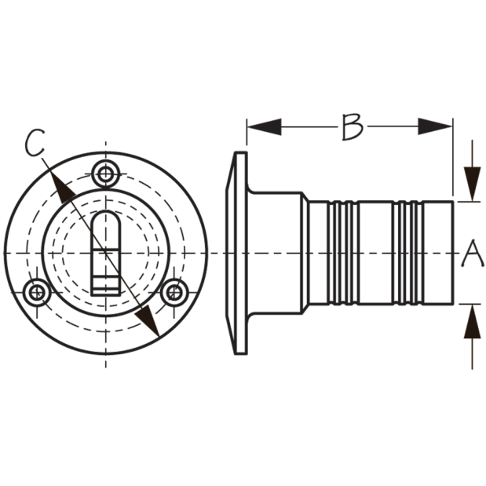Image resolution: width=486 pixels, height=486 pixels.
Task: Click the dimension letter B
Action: point(353,126)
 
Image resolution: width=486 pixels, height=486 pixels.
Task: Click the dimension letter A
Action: point(473,253)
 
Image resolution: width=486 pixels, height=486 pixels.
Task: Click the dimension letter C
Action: point(35,143)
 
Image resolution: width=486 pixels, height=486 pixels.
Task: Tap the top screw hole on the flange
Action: point(106,174)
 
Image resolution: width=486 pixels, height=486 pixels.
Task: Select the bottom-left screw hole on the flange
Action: point(37,292)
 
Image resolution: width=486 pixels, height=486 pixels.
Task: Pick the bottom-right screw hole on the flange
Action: point(174,292)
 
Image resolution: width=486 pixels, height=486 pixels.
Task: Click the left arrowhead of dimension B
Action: point(265,126)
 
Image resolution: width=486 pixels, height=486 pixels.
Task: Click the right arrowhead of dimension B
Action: point(435,126)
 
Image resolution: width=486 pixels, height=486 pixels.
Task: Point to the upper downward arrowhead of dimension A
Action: point(472,184)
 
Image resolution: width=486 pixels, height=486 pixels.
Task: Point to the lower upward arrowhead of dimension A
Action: point(472,321)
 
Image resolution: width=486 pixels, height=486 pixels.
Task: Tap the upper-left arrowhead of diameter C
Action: point(62,188)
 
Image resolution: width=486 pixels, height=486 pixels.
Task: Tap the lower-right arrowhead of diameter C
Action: point(148,321)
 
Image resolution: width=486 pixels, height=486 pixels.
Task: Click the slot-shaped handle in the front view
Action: point(106,253)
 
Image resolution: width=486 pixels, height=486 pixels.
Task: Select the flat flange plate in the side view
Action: point(236,253)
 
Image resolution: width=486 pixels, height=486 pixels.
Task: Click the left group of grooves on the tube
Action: point(343,253)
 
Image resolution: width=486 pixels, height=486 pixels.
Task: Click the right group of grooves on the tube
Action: point(408,253)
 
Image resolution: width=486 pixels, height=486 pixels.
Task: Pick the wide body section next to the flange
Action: point(275,253)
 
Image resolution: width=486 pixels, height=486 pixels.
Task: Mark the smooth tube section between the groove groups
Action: point(375,253)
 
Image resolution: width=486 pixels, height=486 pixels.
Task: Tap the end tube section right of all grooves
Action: point(438,253)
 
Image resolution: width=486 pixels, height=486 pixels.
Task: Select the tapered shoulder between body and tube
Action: point(305,253)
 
